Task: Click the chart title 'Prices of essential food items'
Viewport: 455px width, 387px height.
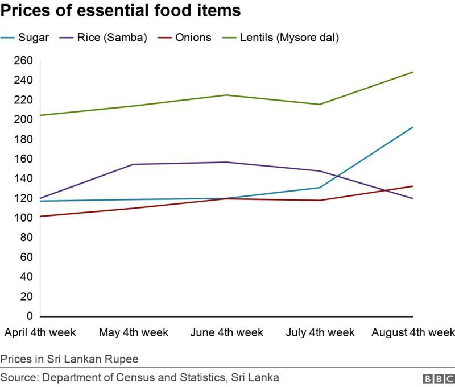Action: pyautogui.click(x=120, y=11)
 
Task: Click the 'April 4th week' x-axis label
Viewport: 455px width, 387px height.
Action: pyautogui.click(x=40, y=332)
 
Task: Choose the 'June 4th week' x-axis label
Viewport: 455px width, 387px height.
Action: pyautogui.click(x=227, y=332)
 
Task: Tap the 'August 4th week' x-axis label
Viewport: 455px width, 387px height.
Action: pyautogui.click(x=413, y=332)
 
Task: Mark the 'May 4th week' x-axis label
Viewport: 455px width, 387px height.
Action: pyautogui.click(x=134, y=332)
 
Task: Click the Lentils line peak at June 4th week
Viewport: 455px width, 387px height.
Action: pyautogui.click(x=227, y=95)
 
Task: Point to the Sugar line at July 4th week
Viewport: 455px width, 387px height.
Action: pyautogui.click(x=320, y=188)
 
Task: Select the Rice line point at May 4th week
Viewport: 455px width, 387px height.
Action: pyautogui.click(x=134, y=164)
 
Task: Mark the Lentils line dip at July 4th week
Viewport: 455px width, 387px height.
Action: pyautogui.click(x=320, y=104)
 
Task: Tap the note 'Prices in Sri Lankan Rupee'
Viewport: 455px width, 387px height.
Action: pyautogui.click(x=69, y=359)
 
